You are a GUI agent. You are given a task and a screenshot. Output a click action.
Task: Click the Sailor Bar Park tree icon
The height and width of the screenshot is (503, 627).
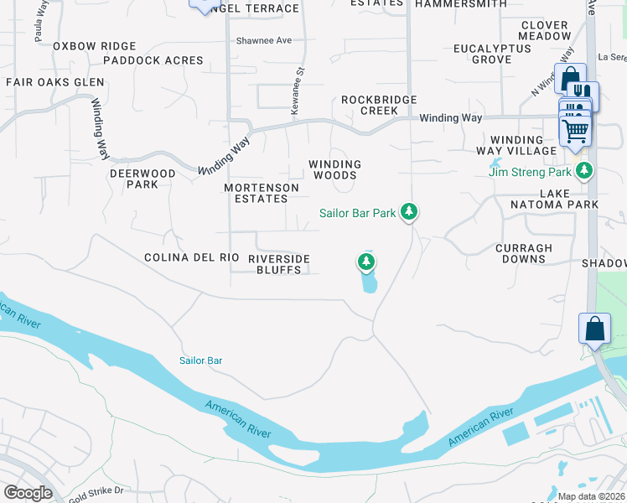pos(408,212)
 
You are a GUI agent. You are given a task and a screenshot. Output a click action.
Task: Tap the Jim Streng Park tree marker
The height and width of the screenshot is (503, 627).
pos(584,172)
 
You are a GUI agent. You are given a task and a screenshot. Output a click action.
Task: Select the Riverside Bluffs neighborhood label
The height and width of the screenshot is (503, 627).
pos(279,264)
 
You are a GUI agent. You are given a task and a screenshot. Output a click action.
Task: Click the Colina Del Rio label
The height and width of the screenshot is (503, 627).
pos(192,258)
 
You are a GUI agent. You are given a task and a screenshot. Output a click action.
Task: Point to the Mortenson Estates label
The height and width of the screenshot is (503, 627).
pos(262,194)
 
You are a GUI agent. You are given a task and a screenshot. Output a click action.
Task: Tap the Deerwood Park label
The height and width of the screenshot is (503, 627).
pos(142,179)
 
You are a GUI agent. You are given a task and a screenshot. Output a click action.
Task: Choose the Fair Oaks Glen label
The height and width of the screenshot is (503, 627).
pos(55,82)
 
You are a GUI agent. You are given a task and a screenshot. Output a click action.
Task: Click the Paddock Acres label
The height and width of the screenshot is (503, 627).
pos(153,60)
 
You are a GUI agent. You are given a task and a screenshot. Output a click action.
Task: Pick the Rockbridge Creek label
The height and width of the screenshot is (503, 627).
pos(379,105)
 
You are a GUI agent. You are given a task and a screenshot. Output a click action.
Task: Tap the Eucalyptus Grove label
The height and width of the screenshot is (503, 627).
pos(492,54)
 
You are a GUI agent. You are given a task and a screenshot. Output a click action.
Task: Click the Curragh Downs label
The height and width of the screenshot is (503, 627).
pos(524,253)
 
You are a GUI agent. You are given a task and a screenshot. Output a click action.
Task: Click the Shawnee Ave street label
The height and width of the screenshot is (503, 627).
pos(263,40)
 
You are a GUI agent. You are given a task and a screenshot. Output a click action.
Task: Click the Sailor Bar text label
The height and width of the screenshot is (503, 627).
pos(200,360)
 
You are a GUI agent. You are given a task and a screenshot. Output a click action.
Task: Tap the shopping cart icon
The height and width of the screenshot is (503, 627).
pos(575,131)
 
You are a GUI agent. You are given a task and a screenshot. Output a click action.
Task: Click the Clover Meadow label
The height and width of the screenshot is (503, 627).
pos(545,31)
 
